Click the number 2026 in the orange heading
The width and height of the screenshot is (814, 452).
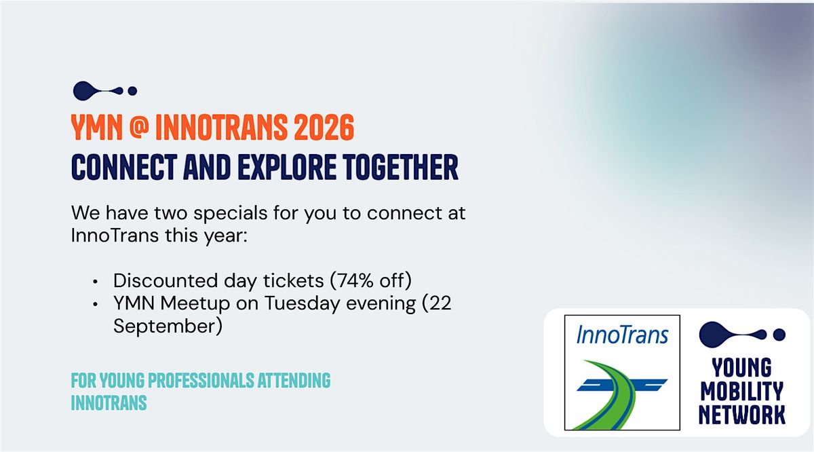(x=324, y=128)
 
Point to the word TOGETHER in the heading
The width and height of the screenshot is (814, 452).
(x=400, y=167)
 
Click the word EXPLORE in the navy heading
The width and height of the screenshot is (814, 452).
(x=287, y=167)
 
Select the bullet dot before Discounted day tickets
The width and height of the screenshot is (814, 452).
(x=95, y=282)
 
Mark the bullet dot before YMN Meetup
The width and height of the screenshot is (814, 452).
(x=95, y=304)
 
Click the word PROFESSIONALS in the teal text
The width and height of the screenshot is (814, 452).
(x=201, y=380)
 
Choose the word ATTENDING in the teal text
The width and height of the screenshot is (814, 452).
(x=294, y=380)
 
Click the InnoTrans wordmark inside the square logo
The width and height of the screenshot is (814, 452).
(x=622, y=335)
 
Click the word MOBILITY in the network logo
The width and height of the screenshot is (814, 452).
(x=741, y=392)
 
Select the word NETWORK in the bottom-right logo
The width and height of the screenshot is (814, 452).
(x=741, y=415)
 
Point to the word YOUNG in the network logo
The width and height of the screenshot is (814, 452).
(x=741, y=368)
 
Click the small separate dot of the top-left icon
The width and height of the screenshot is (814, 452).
(x=132, y=91)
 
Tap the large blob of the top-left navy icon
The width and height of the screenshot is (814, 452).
(x=83, y=90)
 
